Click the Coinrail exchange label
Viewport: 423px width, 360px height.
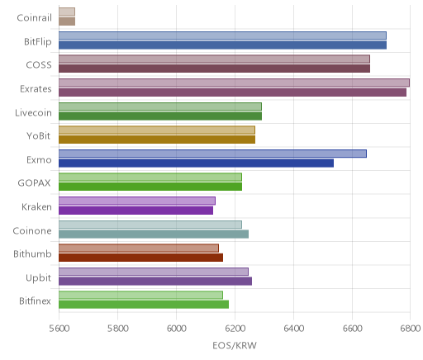34,18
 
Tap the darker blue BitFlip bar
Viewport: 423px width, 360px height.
222,45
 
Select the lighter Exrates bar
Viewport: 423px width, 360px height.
234,83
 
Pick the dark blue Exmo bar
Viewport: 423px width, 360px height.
196,163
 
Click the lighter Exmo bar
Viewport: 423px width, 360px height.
212,154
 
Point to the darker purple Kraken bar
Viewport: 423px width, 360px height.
135,211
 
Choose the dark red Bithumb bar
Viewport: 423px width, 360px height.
140,258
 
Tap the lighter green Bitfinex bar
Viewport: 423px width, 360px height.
140,295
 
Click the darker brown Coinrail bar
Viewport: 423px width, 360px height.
67,21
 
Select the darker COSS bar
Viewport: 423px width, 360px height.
214,69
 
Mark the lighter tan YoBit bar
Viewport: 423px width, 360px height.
157,130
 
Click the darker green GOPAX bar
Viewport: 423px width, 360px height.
150,187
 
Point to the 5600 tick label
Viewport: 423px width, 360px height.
59,329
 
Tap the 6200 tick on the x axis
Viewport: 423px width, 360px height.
235,329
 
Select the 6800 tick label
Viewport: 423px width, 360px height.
411,329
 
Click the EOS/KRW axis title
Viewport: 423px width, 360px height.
235,345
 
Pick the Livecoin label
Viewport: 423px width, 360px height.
33,113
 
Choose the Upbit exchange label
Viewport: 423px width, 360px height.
38,277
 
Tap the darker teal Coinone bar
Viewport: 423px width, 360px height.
154,234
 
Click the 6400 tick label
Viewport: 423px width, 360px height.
293,329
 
